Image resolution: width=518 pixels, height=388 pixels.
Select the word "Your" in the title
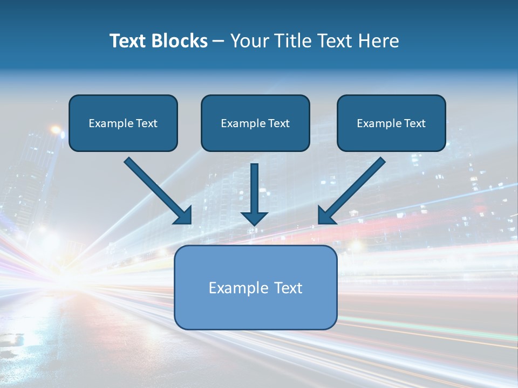pyautogui.click(x=250, y=41)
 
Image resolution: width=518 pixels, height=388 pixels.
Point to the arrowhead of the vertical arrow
pyautogui.click(x=255, y=218)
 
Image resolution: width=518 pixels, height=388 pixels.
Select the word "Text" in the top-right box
pyautogui.click(x=414, y=123)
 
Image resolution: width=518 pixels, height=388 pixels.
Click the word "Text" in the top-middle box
pyautogui.click(x=278, y=123)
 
